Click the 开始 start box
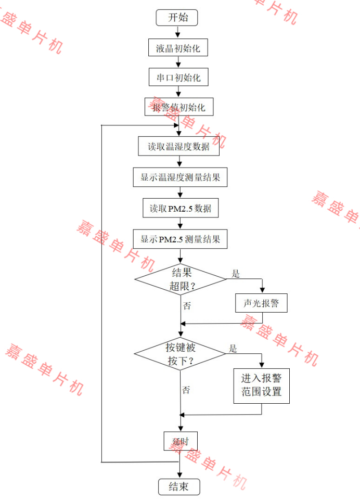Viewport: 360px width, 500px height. click(x=177, y=18)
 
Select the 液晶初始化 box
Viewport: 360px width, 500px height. click(x=178, y=48)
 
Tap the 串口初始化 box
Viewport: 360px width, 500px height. click(x=178, y=78)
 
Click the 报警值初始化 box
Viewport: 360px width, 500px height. click(x=178, y=108)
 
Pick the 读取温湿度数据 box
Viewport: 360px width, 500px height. click(x=178, y=146)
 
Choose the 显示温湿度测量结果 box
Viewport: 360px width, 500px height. click(x=180, y=177)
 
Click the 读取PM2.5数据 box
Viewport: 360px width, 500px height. click(x=181, y=209)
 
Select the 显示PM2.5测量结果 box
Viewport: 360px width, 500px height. click(x=180, y=239)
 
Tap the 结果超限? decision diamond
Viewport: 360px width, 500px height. click(x=181, y=279)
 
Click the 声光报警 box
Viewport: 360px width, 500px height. click(x=261, y=303)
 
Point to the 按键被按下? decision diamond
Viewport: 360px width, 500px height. click(x=180, y=354)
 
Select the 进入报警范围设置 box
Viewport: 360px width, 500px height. click(x=261, y=385)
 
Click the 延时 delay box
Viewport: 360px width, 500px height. click(x=180, y=441)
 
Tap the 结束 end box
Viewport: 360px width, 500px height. click(x=179, y=486)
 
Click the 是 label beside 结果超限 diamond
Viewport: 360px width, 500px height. click(x=236, y=274)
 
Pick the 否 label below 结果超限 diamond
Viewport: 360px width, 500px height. click(x=187, y=306)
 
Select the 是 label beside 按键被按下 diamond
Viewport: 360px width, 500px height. click(x=233, y=349)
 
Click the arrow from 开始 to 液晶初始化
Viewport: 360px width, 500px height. click(x=177, y=32)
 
